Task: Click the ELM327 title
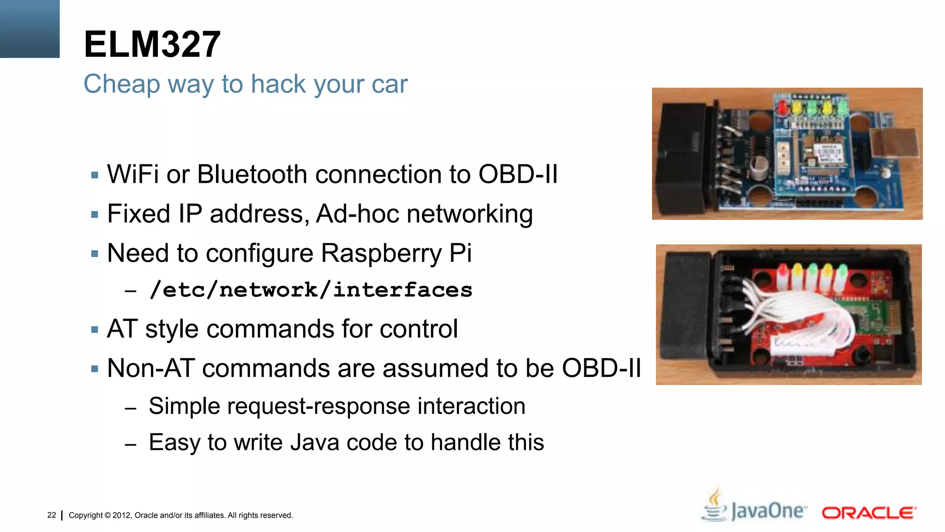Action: [152, 44]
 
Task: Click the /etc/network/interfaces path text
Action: [311, 290]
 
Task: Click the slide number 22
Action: [52, 515]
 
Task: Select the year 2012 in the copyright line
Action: [122, 515]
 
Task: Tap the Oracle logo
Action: [868, 513]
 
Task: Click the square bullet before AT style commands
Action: [95, 330]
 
